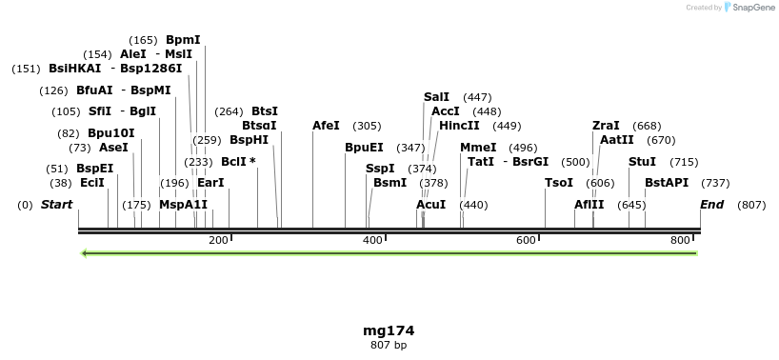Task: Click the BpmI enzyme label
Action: click(x=183, y=40)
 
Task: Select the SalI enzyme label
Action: click(x=436, y=97)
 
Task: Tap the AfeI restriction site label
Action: click(x=326, y=126)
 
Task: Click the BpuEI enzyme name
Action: click(x=364, y=148)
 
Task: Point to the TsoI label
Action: click(x=559, y=183)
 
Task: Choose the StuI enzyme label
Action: click(x=642, y=162)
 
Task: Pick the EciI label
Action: click(x=92, y=183)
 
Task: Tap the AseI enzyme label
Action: click(x=113, y=148)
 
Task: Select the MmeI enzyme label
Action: click(x=478, y=148)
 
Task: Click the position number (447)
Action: click(x=477, y=97)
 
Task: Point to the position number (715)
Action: click(x=684, y=162)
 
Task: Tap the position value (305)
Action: click(x=367, y=126)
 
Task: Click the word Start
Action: click(x=56, y=205)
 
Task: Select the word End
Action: click(x=711, y=205)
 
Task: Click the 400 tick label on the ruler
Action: click(x=372, y=240)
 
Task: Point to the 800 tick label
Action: click(x=681, y=240)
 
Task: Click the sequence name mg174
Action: click(x=389, y=330)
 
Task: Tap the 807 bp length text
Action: click(x=389, y=345)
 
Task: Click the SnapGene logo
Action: click(x=750, y=8)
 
